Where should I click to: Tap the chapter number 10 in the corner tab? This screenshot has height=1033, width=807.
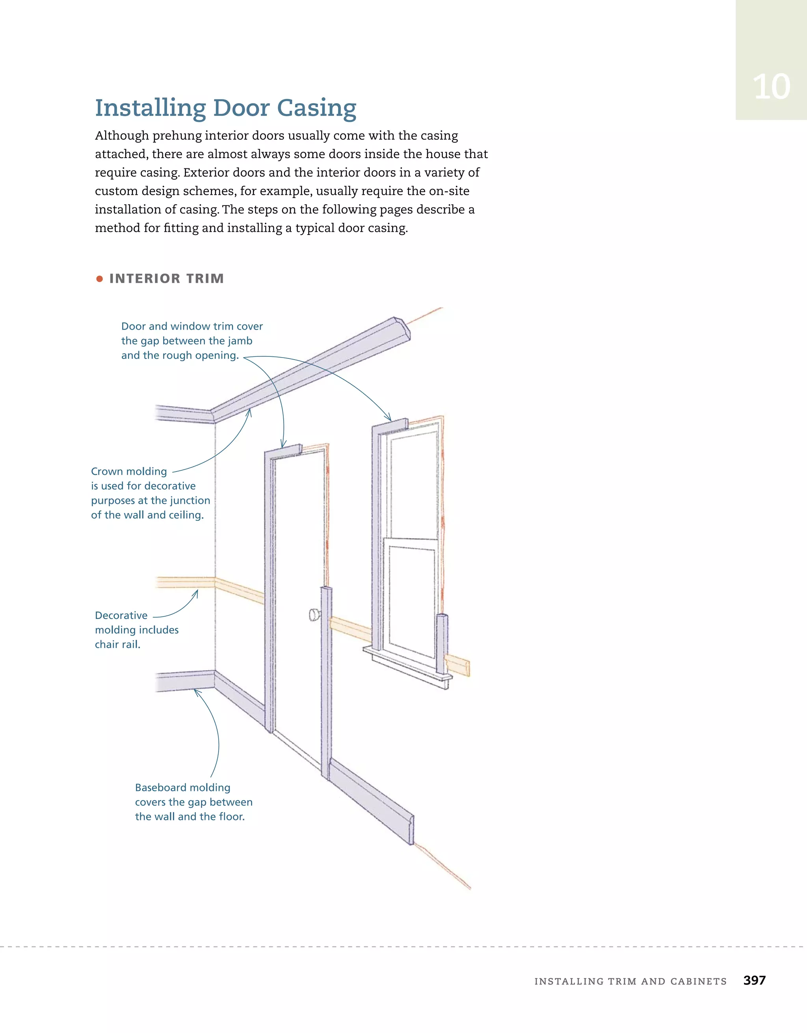[771, 87]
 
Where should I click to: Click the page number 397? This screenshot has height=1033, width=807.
[754, 980]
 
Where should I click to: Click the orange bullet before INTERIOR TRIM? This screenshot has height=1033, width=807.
[99, 279]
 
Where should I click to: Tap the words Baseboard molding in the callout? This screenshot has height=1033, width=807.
[182, 787]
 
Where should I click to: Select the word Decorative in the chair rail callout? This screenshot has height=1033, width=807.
[121, 615]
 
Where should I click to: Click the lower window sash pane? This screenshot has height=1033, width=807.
[411, 601]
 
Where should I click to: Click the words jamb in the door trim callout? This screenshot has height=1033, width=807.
[239, 341]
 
